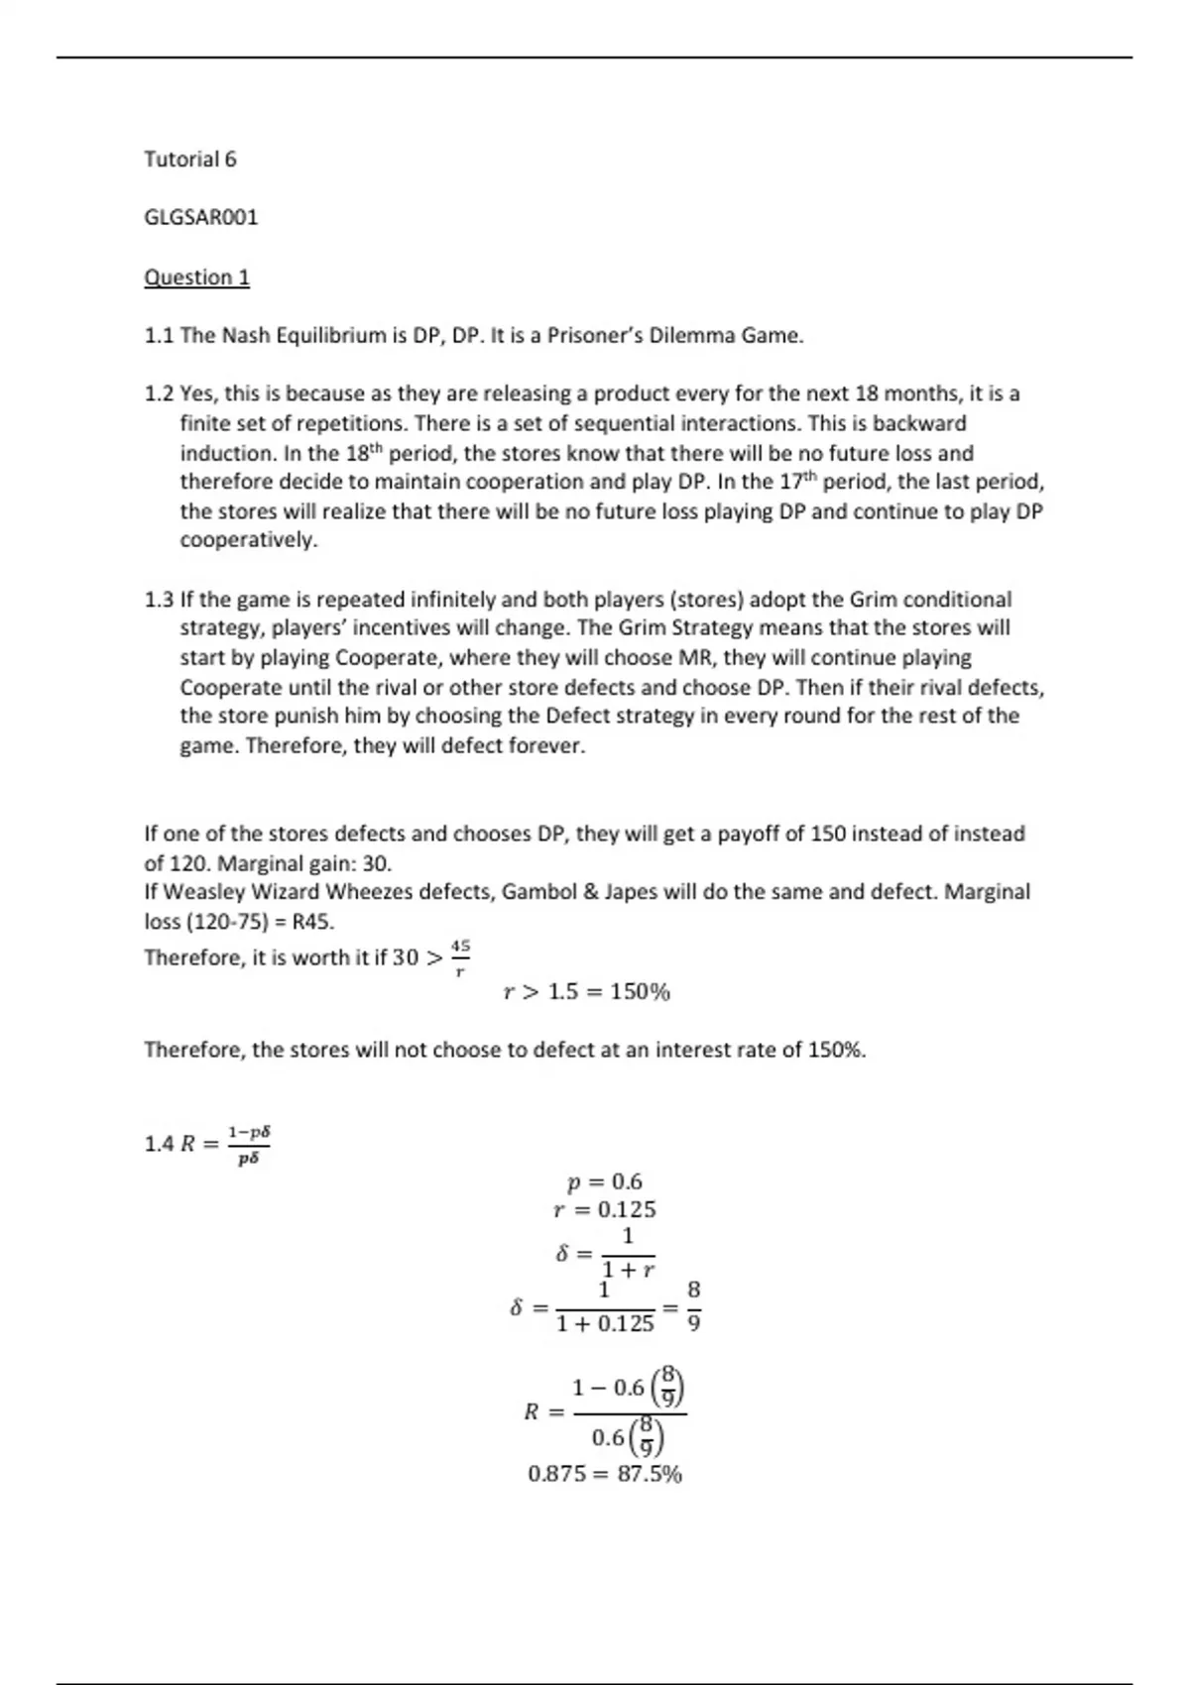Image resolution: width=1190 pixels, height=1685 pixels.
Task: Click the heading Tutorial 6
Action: coord(190,160)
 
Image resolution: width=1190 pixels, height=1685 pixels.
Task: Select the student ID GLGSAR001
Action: coord(201,218)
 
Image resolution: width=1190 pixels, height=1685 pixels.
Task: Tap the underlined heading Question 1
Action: coord(196,278)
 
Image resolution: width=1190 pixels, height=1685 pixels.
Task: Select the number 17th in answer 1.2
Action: coord(797,482)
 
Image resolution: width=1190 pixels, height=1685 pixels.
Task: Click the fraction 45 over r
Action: coord(460,958)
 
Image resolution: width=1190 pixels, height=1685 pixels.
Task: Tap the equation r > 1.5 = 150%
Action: coord(587,992)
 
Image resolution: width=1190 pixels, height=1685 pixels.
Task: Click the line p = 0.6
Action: coord(604,1181)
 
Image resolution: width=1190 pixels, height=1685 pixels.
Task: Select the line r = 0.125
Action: coord(604,1209)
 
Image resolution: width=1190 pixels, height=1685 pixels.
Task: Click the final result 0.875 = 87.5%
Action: coord(605,1474)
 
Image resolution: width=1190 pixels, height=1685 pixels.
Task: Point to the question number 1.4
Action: coord(159,1144)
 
